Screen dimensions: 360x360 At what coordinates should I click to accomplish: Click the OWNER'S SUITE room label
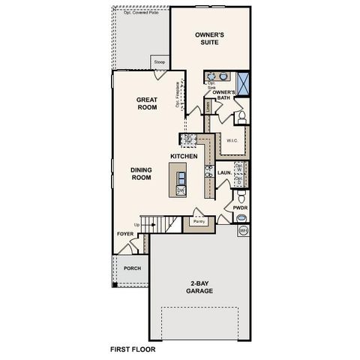(x=211, y=38)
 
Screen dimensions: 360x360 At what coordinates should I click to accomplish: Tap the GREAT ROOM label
(x=145, y=103)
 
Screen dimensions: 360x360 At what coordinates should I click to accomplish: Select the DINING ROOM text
(x=141, y=174)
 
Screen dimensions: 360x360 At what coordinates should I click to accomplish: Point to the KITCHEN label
(x=184, y=156)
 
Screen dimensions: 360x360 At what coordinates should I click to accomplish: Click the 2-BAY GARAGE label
(x=200, y=286)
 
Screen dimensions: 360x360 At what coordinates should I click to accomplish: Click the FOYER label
(x=124, y=234)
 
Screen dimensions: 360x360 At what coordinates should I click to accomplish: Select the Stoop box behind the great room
(x=159, y=62)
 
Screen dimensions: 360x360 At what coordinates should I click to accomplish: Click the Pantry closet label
(x=199, y=221)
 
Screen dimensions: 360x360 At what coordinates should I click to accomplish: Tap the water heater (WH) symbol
(x=242, y=231)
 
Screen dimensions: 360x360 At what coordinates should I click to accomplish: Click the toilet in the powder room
(x=241, y=218)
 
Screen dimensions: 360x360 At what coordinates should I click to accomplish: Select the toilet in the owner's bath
(x=241, y=117)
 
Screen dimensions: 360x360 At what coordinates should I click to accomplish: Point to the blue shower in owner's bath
(x=243, y=79)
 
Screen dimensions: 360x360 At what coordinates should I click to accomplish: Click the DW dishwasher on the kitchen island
(x=181, y=190)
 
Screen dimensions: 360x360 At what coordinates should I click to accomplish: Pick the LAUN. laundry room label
(x=223, y=172)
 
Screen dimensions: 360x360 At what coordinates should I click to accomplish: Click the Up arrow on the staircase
(x=136, y=224)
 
